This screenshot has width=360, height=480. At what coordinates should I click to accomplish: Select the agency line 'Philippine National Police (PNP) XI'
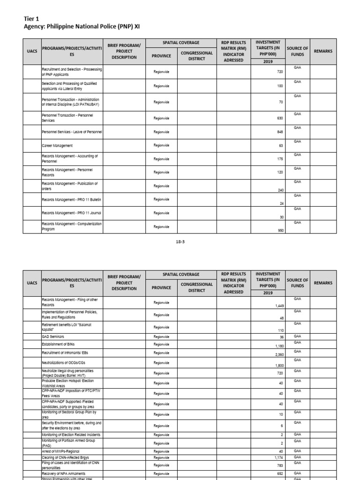pos(82,27)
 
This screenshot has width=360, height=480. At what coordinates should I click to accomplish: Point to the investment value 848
pos(280,132)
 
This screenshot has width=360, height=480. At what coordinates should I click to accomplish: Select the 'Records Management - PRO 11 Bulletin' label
pos(71,200)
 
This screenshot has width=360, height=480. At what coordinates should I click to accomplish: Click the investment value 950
pos(280,231)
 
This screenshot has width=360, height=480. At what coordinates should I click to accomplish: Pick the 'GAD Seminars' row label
pos(53,337)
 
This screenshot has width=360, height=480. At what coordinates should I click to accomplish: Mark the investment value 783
pos(280,466)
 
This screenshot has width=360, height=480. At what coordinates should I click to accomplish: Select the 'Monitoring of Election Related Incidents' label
pos(71,435)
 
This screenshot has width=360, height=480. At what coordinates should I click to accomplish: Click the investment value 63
pos(281,146)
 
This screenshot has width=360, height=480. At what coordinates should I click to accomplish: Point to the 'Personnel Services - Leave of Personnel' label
pos(72,132)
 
